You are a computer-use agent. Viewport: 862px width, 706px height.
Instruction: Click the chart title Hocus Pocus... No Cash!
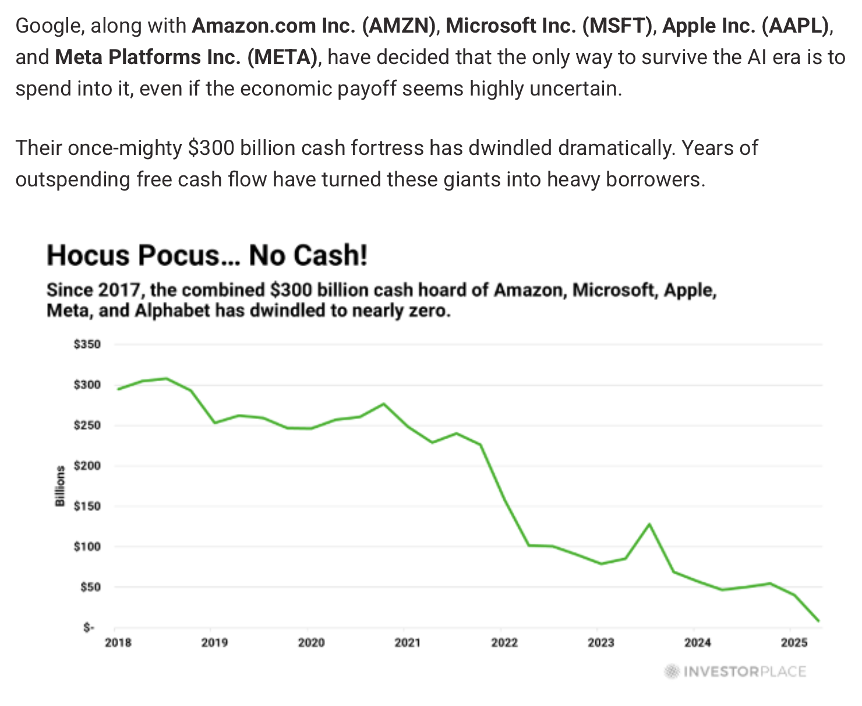pyautogui.click(x=207, y=256)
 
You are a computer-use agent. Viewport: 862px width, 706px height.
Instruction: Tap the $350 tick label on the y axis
pyautogui.click(x=87, y=344)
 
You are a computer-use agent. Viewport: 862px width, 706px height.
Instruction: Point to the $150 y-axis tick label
pyautogui.click(x=87, y=506)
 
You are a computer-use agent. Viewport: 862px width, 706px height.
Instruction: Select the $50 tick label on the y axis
pyautogui.click(x=89, y=587)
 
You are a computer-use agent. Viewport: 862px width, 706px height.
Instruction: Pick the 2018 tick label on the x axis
pyautogui.click(x=118, y=643)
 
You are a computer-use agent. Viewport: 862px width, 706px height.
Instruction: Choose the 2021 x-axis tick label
pyautogui.click(x=407, y=643)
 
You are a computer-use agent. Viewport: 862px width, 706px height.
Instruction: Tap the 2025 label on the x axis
pyautogui.click(x=793, y=643)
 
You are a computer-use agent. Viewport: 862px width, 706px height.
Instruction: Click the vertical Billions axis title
pyautogui.click(x=59, y=486)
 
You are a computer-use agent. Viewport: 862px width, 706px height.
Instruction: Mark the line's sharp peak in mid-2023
pyautogui.click(x=649, y=524)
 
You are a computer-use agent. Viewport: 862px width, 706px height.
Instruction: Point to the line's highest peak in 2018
pyautogui.click(x=167, y=379)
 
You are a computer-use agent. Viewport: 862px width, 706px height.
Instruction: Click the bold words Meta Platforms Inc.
pyautogui.click(x=148, y=57)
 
